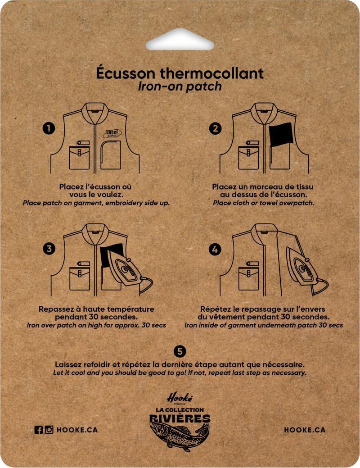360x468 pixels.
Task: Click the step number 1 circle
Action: (49, 128)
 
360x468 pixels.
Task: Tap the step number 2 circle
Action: (216, 128)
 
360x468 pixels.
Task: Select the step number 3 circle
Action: (49, 249)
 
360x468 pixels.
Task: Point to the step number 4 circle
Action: (215, 249)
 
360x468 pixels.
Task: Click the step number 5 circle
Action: (180, 351)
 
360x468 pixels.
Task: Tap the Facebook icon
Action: (39, 430)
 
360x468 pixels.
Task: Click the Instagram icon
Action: (49, 430)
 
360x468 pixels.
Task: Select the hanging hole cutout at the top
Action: (180, 40)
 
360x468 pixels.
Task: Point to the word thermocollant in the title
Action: (212, 73)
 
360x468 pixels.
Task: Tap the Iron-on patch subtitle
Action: (180, 86)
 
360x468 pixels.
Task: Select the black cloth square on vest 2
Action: (281, 134)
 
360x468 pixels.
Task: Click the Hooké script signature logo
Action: (180, 397)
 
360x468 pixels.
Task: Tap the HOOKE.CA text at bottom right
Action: (305, 430)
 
